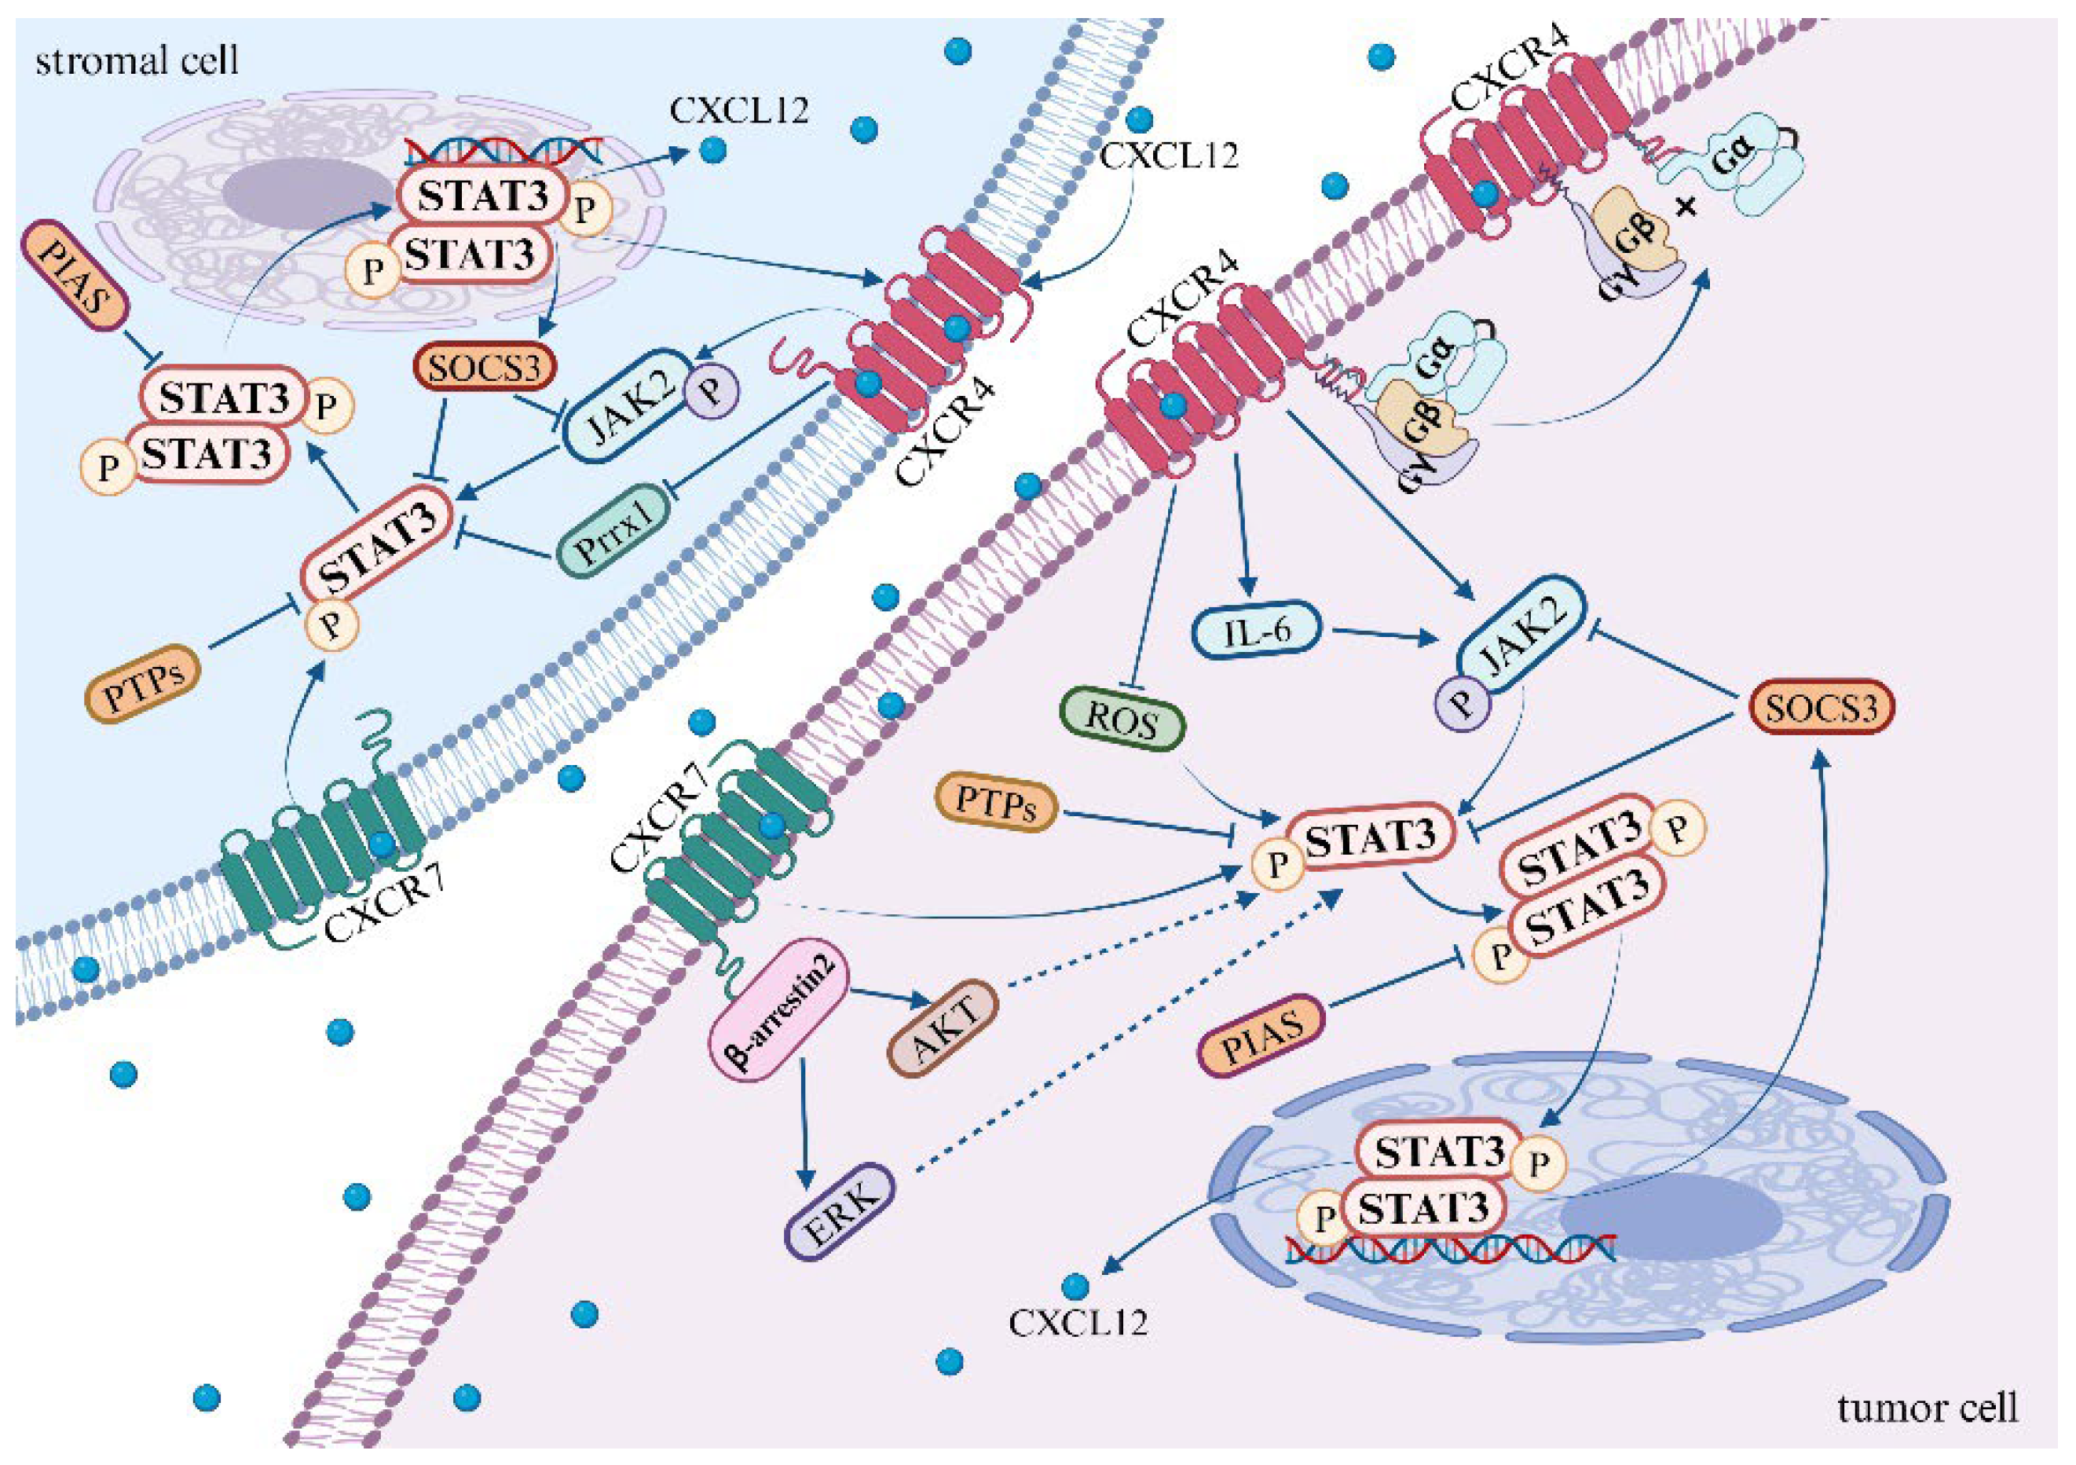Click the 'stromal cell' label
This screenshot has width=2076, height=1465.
[137, 60]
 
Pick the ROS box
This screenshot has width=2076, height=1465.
[1121, 720]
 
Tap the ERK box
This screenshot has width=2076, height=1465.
[839, 1212]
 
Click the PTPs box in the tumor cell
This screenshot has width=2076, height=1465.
[995, 801]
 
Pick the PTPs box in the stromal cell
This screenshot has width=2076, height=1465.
[142, 683]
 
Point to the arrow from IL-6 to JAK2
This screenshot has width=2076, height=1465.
[1383, 635]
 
